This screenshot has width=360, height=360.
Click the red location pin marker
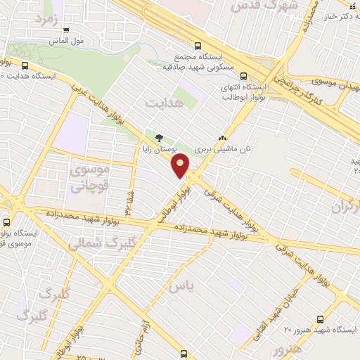click(181, 165)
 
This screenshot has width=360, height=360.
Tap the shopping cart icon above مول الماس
click(66, 30)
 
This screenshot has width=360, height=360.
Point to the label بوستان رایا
click(160, 150)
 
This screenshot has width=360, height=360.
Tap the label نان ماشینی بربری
click(222, 149)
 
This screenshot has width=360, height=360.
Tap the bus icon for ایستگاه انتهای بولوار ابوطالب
click(243, 76)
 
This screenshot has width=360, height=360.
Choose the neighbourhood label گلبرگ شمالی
click(94, 241)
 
